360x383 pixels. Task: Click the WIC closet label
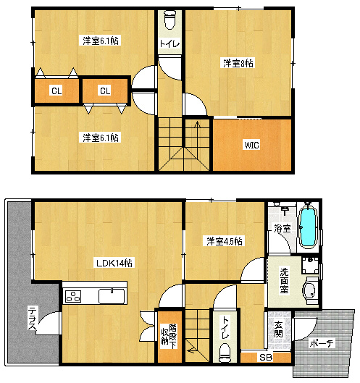tap(252, 145)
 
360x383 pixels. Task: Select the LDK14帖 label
tap(114, 263)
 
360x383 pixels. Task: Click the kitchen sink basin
tap(112, 296)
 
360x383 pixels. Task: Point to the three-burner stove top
tap(73, 296)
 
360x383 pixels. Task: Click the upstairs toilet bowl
tap(169, 20)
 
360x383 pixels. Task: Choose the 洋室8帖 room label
tap(238, 63)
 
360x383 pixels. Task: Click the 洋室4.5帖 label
tap(225, 241)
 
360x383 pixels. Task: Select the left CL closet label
tap(56, 91)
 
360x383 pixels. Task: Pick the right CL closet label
tap(105, 91)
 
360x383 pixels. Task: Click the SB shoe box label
tap(266, 358)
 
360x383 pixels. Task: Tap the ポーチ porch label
tap(321, 343)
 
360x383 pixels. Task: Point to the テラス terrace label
tap(33, 319)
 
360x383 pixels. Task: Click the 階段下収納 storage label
tap(169, 334)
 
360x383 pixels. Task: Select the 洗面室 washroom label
tap(284, 280)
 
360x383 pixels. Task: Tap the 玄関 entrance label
tap(278, 329)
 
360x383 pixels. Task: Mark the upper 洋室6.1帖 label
tap(101, 41)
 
